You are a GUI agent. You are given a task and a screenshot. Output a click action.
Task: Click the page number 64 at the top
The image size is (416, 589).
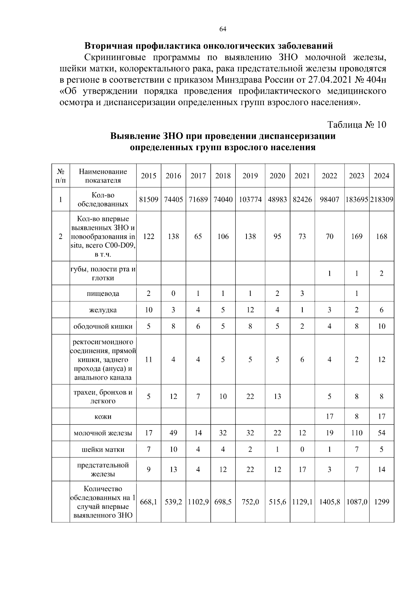(x=223, y=29)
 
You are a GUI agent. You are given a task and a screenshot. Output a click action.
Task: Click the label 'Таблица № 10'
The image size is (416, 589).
(x=357, y=125)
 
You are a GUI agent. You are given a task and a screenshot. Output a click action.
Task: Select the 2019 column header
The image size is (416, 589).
(x=250, y=176)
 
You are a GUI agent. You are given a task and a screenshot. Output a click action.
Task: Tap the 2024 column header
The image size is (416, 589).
(x=381, y=176)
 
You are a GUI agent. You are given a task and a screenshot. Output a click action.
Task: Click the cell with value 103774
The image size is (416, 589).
(x=250, y=199)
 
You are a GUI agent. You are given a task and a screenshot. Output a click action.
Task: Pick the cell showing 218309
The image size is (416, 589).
(x=382, y=199)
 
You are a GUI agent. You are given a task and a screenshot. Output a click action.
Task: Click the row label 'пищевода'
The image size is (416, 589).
(x=103, y=293)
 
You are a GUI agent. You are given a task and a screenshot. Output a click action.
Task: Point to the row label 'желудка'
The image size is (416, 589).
(x=103, y=310)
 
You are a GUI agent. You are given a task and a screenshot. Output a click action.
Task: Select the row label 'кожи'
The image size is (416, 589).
(x=103, y=417)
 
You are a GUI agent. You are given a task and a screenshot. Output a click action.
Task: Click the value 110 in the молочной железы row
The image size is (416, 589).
(x=357, y=433)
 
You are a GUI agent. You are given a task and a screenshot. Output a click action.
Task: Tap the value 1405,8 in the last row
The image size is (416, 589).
(x=329, y=502)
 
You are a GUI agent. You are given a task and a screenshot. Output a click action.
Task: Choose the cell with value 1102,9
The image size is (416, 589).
(x=198, y=502)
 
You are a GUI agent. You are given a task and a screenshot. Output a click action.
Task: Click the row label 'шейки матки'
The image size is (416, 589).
(x=103, y=450)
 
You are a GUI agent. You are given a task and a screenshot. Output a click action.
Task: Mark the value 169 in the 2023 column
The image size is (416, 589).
(x=357, y=237)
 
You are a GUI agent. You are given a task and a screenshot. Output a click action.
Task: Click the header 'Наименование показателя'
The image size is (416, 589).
(x=103, y=176)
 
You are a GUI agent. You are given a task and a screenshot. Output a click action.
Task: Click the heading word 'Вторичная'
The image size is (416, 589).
(x=108, y=46)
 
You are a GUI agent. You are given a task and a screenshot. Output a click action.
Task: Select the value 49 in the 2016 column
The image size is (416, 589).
(x=173, y=433)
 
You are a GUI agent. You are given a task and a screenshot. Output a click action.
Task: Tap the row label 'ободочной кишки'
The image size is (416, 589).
(x=103, y=326)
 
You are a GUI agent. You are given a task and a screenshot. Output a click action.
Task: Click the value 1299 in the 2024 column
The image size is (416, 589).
(x=381, y=502)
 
